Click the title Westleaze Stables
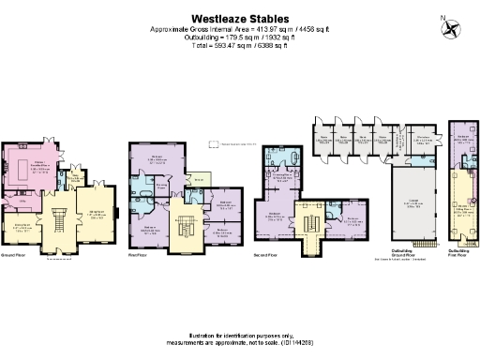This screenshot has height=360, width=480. (239, 17)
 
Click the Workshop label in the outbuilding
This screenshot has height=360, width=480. (423, 141)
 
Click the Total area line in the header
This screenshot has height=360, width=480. (239, 44)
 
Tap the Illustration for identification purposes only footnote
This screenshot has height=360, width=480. (239, 334)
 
